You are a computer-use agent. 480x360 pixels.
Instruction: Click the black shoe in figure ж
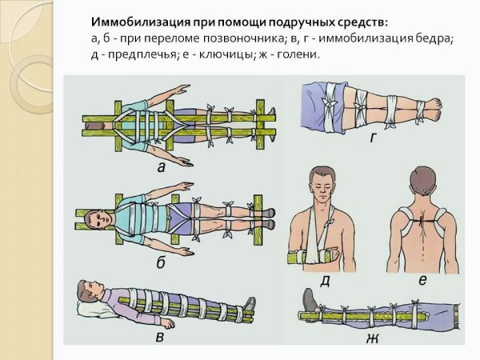[x=308, y=302]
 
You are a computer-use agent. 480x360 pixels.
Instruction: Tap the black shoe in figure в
[x=250, y=306]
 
